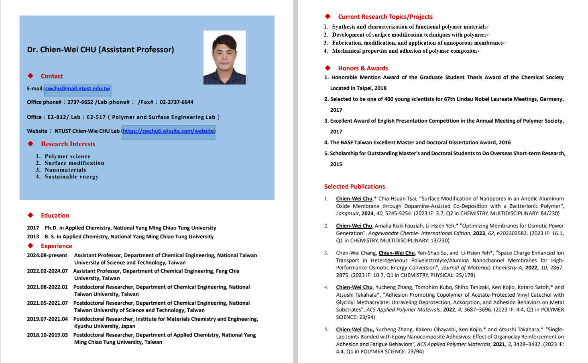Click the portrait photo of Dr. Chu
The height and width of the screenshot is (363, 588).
(x=224, y=57)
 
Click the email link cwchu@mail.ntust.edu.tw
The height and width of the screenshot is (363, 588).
(x=77, y=88)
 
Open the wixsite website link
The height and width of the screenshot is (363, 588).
(x=168, y=131)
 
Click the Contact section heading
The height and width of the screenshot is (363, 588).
(x=52, y=76)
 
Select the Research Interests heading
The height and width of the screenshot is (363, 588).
(x=68, y=144)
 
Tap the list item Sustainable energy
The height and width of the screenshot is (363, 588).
(x=71, y=176)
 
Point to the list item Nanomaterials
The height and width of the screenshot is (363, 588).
(x=65, y=170)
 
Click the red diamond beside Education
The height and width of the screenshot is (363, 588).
(x=31, y=215)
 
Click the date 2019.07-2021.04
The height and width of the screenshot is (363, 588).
(x=47, y=319)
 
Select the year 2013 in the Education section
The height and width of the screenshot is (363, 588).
(x=33, y=237)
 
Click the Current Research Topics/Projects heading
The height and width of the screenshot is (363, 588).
(x=385, y=17)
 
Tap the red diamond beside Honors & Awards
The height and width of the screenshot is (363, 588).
(x=328, y=68)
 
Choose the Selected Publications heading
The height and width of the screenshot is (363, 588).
(x=354, y=187)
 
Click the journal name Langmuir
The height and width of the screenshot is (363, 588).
(x=348, y=213)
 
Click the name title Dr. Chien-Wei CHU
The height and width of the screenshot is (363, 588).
(x=100, y=49)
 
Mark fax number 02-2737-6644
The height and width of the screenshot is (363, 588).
(x=177, y=102)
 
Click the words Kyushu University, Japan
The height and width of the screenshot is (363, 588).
(x=104, y=326)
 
